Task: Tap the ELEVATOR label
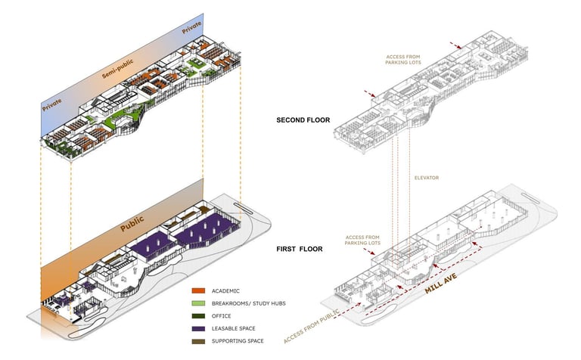tap(426, 178)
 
